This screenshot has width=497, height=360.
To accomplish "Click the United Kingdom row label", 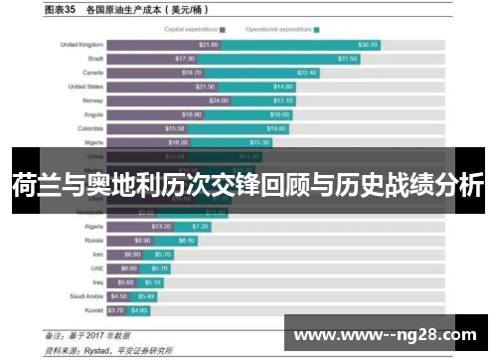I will pos(83,45).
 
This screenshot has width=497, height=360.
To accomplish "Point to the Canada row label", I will pos(91,73).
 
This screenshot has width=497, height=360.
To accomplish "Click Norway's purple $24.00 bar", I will pos(178,100).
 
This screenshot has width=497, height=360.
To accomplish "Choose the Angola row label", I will pos(91,114).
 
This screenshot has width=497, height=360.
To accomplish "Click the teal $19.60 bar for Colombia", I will pos(248,128).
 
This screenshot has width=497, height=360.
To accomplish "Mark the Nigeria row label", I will pos(91,142).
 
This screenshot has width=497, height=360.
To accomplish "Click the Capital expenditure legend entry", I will pos(194,30).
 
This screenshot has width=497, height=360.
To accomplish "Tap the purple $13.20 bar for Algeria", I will pos(145,226).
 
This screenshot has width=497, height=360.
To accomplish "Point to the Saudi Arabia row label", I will pos(85,295).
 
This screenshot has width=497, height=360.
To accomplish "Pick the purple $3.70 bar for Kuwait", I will pos(116,309).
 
